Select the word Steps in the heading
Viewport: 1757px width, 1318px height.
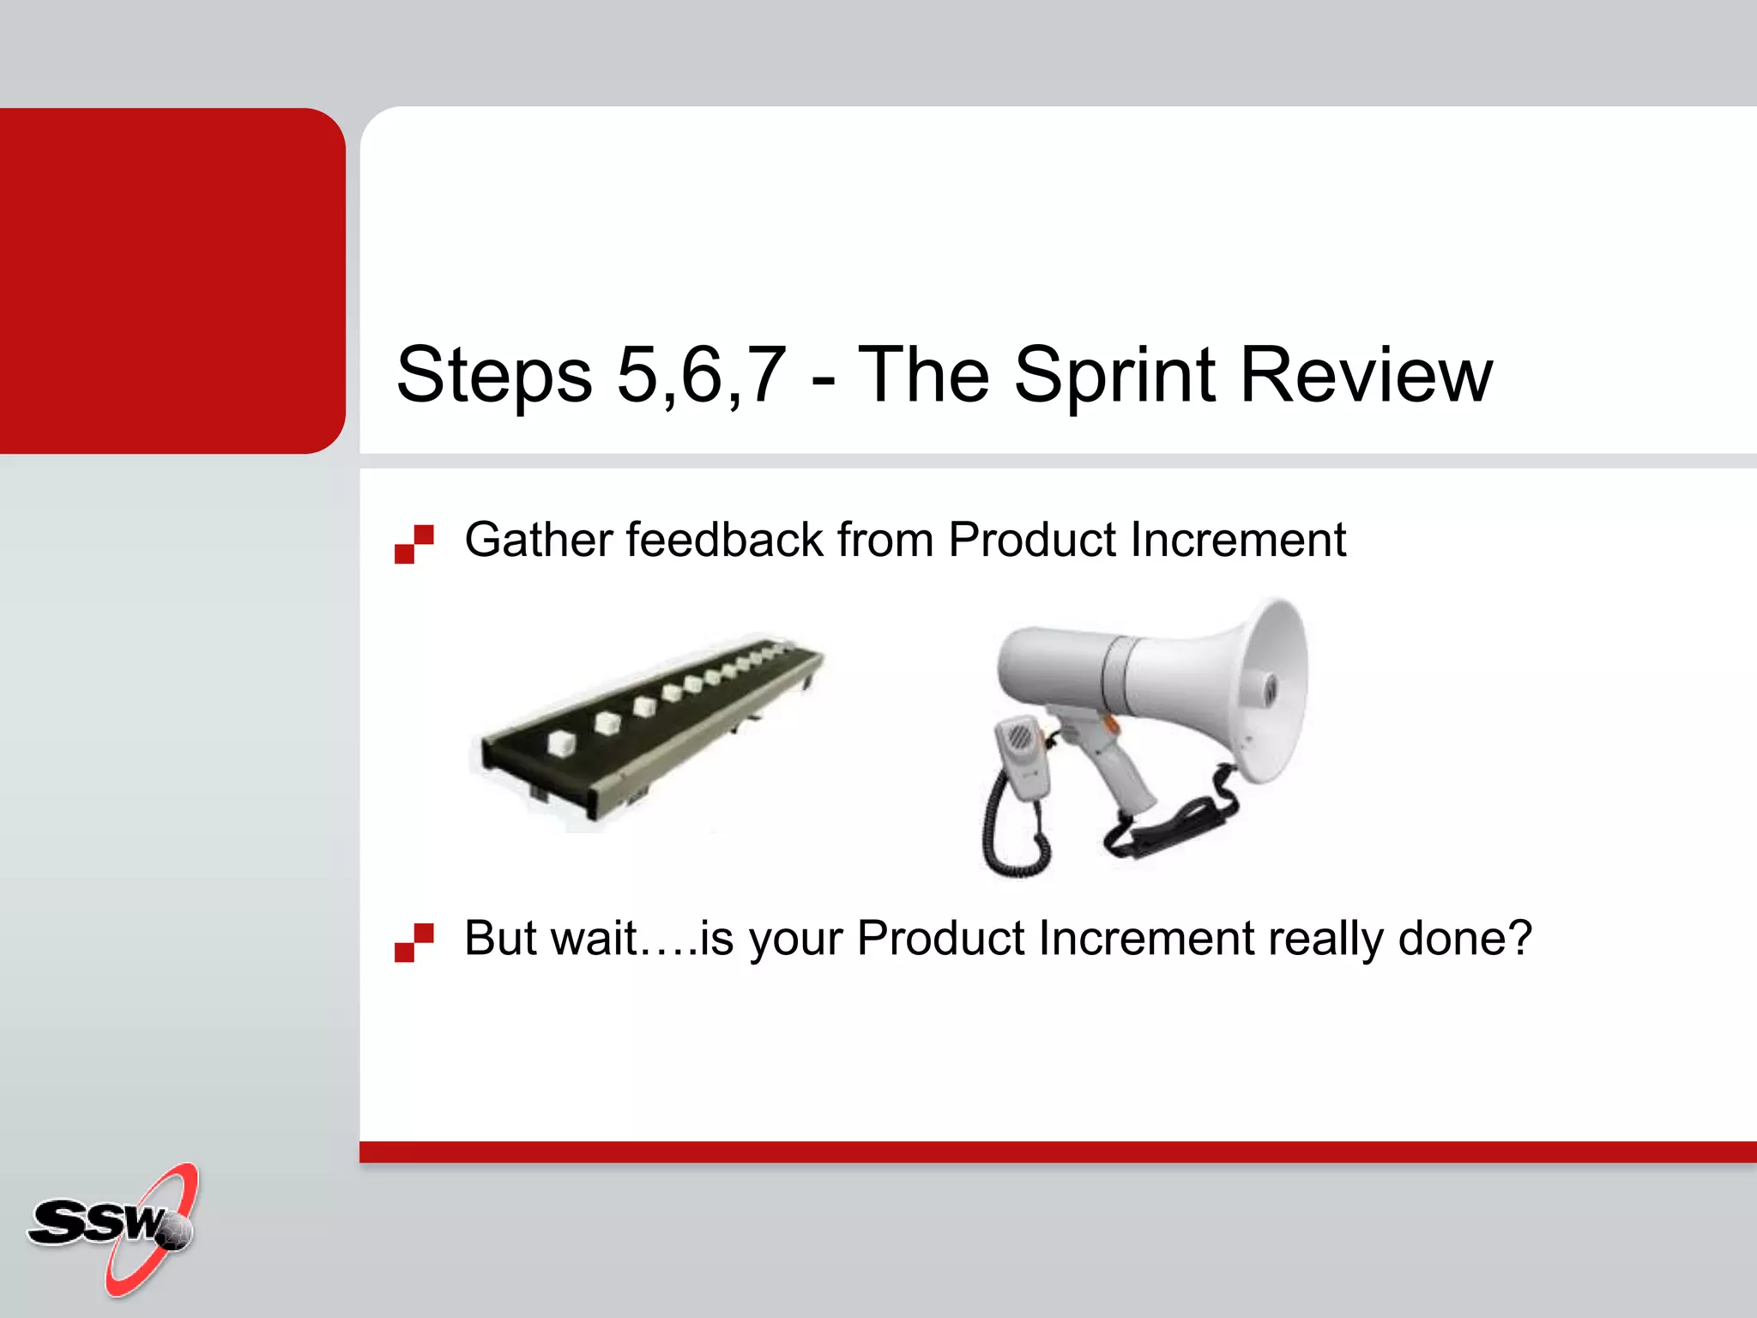coord(494,375)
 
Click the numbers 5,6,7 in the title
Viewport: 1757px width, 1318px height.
coord(701,375)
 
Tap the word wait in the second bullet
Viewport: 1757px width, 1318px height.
coord(594,938)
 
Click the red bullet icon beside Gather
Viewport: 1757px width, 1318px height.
coord(414,544)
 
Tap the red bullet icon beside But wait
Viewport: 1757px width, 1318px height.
coord(414,942)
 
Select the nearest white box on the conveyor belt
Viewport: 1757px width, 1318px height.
coord(561,742)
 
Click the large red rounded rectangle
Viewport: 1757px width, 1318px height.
coord(172,281)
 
